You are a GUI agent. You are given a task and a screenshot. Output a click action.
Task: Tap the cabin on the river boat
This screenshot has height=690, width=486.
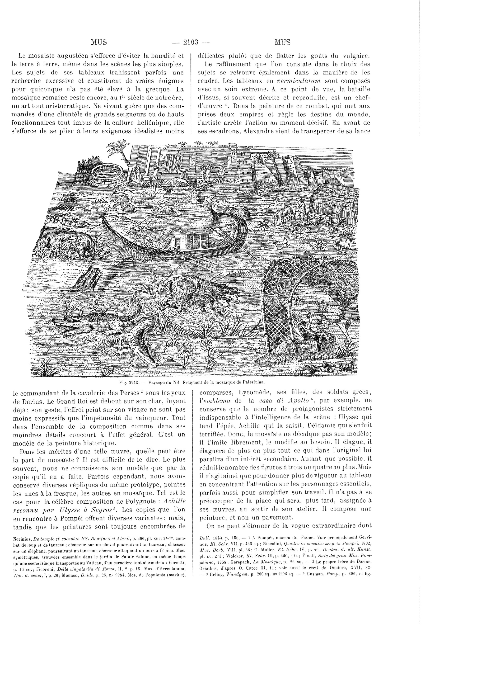click(x=187, y=240)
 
